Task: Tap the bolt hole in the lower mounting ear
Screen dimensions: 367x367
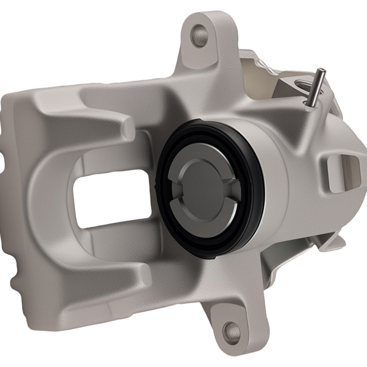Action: point(232,331)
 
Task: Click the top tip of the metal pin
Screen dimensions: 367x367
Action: point(321,70)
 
